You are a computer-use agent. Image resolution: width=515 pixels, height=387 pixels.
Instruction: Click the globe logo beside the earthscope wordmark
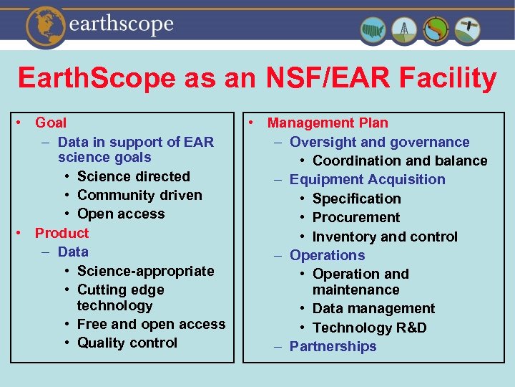45,25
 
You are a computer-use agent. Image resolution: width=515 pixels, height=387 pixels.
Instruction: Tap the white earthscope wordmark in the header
122,25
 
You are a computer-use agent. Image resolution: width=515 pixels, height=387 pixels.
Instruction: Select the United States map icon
374,30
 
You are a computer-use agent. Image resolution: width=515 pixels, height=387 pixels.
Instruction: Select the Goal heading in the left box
51,123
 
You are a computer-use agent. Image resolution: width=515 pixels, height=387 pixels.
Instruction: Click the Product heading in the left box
62,233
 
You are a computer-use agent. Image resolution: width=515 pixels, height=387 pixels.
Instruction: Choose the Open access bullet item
121,214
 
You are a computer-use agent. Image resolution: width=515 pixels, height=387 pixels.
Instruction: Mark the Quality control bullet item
127,343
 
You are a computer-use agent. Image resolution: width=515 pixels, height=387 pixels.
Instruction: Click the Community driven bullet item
139,195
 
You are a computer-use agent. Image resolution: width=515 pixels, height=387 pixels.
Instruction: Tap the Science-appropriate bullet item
146,271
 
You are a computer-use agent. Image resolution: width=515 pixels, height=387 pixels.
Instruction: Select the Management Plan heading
328,123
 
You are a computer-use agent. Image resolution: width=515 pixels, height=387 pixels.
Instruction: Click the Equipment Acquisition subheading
367,179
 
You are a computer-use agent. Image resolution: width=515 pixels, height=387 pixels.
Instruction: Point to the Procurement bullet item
356,217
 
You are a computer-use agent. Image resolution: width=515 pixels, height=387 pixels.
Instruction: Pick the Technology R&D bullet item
370,328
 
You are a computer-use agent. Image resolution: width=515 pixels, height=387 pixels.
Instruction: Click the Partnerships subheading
333,346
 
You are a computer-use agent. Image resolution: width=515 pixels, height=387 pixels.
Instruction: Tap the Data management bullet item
373,308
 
